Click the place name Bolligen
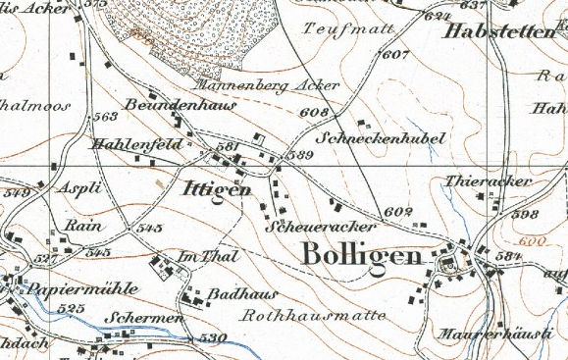[x=362, y=253]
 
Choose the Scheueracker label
[x=310, y=226]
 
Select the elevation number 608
[x=312, y=113]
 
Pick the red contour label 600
[x=531, y=241]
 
